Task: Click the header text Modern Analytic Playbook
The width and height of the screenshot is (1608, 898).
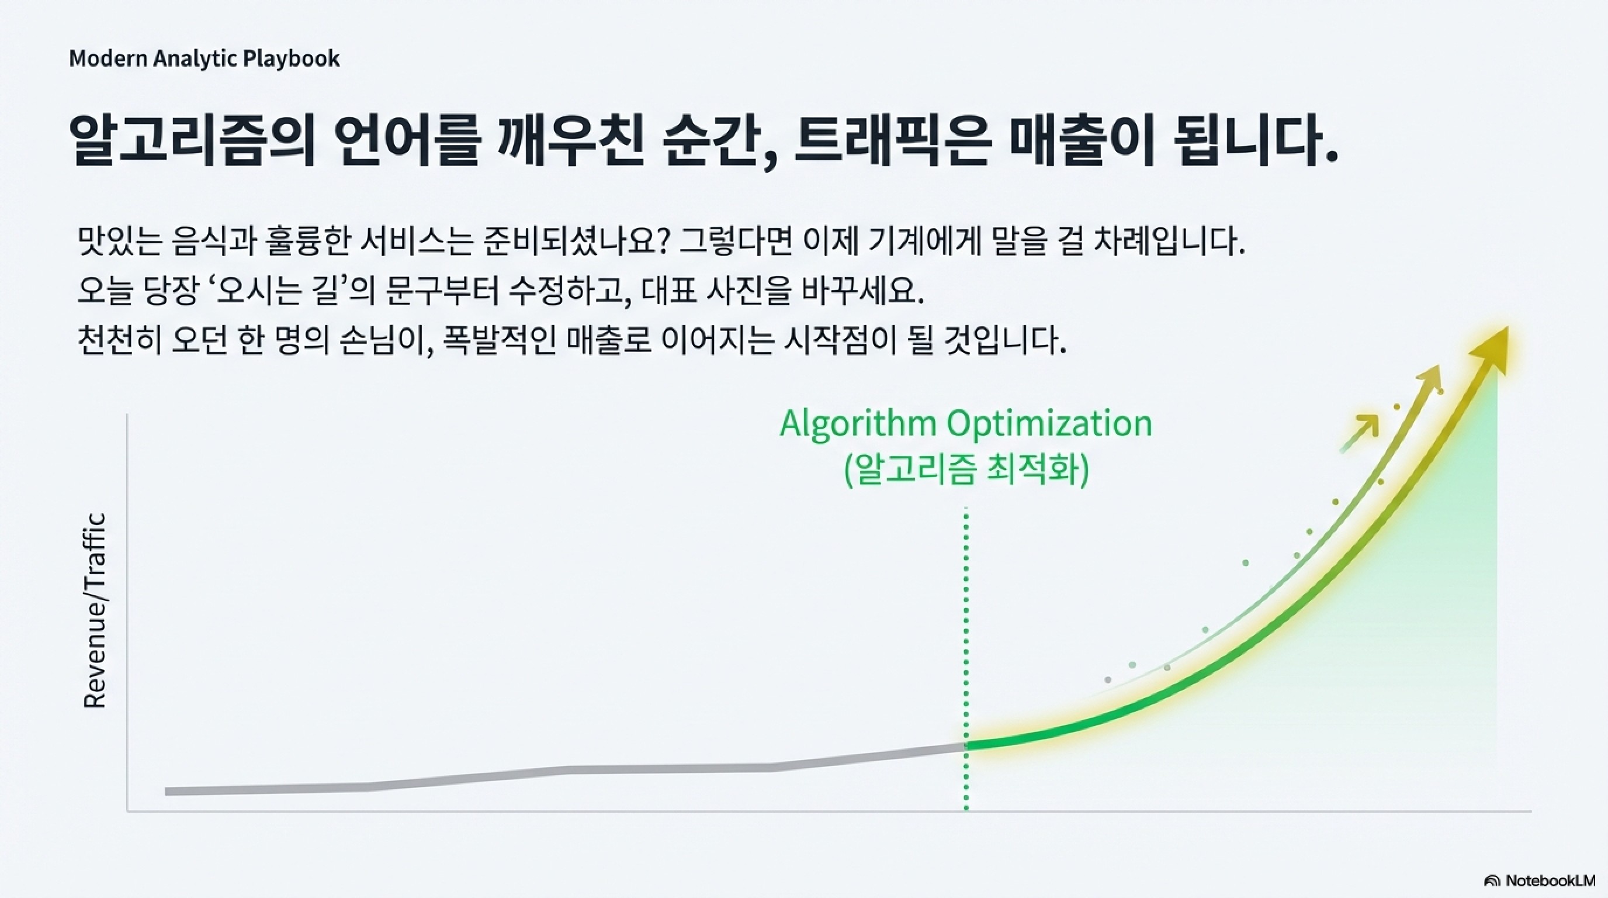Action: (x=204, y=58)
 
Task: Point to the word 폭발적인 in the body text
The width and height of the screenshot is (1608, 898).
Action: (x=500, y=341)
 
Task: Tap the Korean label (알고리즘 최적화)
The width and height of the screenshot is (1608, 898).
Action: (x=966, y=470)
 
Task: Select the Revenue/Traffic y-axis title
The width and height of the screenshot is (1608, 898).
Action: (x=95, y=611)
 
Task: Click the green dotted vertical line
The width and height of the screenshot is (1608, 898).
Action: (x=966, y=659)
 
